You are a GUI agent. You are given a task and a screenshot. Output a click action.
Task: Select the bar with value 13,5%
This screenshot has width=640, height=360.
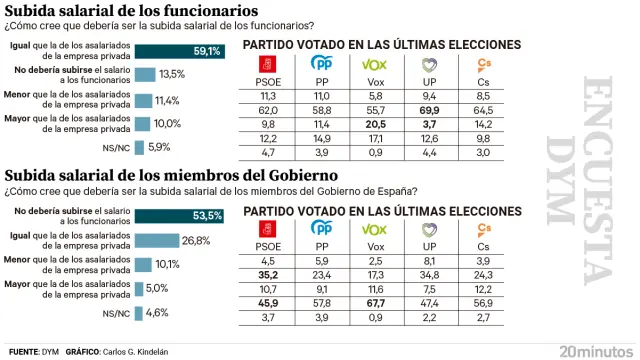click(x=146, y=75)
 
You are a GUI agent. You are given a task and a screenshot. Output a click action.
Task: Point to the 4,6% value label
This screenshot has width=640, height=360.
click(x=156, y=313)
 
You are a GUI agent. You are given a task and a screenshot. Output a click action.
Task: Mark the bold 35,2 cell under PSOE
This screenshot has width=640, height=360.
click(x=268, y=271)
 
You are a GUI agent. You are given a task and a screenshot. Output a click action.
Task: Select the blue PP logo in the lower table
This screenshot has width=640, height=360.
click(x=321, y=229)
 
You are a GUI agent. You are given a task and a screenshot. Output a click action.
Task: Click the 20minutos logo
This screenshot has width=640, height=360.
click(x=594, y=351)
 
